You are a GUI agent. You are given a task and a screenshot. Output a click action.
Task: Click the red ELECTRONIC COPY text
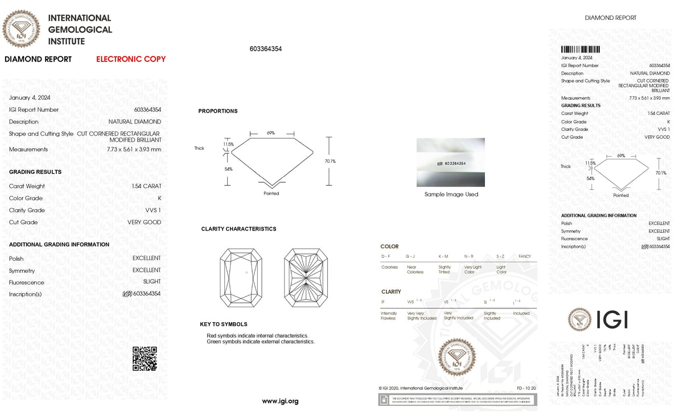tap(131, 59)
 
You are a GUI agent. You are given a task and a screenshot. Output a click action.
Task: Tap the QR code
tap(145, 359)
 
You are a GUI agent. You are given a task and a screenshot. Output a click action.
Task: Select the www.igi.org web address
tap(280, 401)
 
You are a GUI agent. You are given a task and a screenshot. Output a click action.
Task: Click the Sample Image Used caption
tap(451, 195)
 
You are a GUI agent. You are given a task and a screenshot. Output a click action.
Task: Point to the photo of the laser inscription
tap(451, 162)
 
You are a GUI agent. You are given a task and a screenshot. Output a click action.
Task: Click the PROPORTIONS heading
tap(218, 111)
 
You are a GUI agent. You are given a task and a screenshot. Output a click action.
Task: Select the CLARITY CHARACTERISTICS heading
tap(238, 229)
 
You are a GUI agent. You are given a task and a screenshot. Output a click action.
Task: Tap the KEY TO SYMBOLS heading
tap(224, 324)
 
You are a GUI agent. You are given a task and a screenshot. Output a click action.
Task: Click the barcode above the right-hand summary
tap(581, 50)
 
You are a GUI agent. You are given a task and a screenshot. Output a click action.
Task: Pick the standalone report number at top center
tap(266, 49)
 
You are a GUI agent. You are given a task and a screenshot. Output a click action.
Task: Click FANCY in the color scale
tap(524, 257)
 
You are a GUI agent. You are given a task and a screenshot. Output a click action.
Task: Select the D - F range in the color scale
tap(386, 257)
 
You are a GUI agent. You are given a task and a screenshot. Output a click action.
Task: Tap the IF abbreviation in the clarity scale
tap(382, 301)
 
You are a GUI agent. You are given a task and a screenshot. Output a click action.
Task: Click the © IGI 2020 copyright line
tap(421, 388)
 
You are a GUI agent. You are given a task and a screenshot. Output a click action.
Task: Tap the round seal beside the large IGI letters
tap(579, 319)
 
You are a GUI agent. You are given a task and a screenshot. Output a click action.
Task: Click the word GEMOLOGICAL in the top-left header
tap(80, 30)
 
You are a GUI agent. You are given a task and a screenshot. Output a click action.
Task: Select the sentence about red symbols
tap(257, 336)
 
